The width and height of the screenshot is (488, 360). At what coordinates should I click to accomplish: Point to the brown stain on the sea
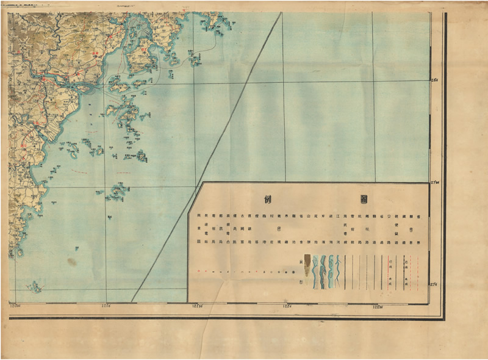click(72, 262)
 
